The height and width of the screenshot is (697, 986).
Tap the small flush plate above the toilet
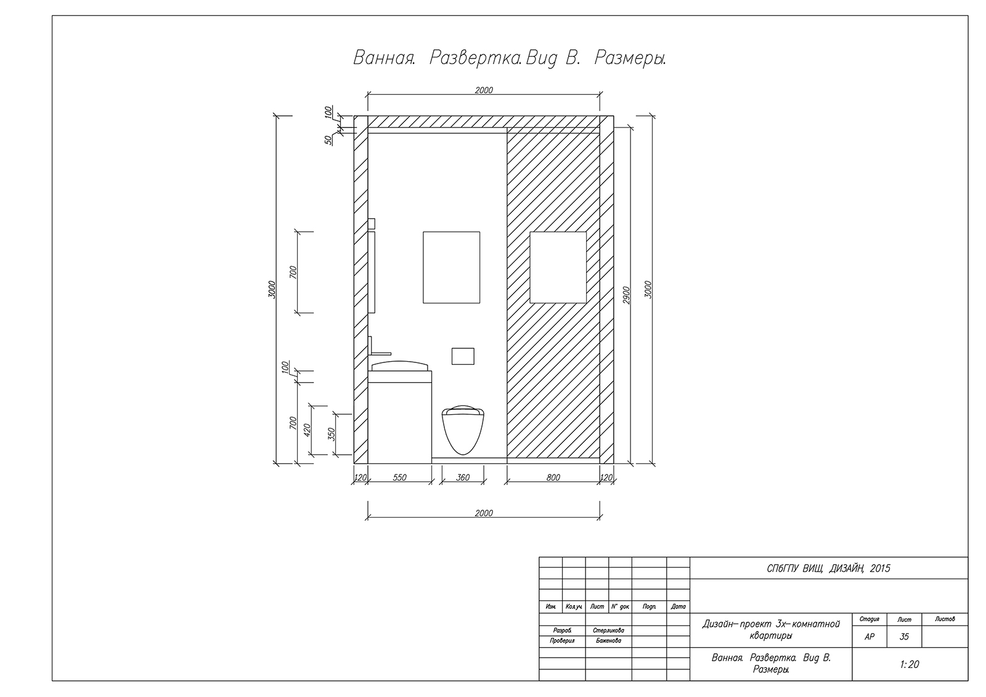coord(463,356)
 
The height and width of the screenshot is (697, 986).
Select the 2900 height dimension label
coord(627,295)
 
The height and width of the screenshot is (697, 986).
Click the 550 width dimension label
coord(400,477)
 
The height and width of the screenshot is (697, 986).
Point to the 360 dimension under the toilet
coord(463,477)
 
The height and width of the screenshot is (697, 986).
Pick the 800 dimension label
coord(553,477)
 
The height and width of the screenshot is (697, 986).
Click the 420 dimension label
coord(308,430)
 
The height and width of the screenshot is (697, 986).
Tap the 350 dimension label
coord(332,434)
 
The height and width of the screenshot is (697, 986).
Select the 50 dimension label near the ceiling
coord(328,140)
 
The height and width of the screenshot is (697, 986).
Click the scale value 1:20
coord(910,664)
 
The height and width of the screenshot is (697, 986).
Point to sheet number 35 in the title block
coord(904,637)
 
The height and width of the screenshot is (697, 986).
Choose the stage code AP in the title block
coord(870,637)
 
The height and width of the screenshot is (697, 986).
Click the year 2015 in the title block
coord(880,568)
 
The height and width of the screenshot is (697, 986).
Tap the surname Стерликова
coord(608,630)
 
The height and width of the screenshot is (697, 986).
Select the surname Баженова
coord(608,641)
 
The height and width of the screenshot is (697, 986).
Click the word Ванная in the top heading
coord(385,58)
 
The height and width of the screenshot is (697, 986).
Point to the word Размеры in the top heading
coord(630,59)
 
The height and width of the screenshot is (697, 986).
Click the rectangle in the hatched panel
coord(558,267)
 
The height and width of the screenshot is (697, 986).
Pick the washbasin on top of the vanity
coord(400,366)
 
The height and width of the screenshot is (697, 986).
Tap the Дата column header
coord(678,606)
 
